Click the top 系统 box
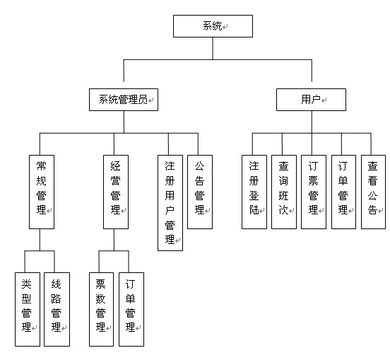[213, 26]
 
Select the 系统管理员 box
[124, 100]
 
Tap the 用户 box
[311, 100]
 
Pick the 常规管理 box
[42, 192]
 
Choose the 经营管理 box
[116, 192]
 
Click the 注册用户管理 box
[170, 203]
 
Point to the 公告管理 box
[200, 192]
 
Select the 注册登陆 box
[254, 192]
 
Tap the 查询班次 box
[284, 192]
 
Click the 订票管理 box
[314, 192]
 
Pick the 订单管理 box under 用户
[344, 192]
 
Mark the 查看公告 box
[373, 192]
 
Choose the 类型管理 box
[28, 309]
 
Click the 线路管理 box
[57, 309]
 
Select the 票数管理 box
[102, 309]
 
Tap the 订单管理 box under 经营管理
[131, 309]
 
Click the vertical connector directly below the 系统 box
[213, 49]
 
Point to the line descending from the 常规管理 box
[40, 240]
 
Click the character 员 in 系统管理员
[143, 100]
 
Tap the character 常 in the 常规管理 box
[41, 166]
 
